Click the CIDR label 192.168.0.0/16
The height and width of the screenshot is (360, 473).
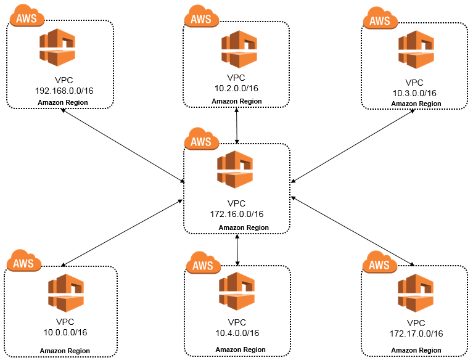pos(64,91)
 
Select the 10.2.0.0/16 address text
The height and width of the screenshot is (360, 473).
pos(237,89)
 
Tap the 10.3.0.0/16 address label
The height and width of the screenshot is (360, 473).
pos(414,93)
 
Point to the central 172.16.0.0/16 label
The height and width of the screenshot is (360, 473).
pos(237,214)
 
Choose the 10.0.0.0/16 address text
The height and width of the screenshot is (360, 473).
pos(64,332)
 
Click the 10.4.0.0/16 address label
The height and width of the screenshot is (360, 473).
pos(237,333)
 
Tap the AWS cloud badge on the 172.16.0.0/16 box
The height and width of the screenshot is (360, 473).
pos(201,141)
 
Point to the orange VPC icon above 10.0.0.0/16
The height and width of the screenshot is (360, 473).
pos(66,293)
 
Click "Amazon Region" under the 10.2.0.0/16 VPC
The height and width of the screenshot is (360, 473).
pos(237,101)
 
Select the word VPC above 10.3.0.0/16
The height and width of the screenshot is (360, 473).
pos(414,83)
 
